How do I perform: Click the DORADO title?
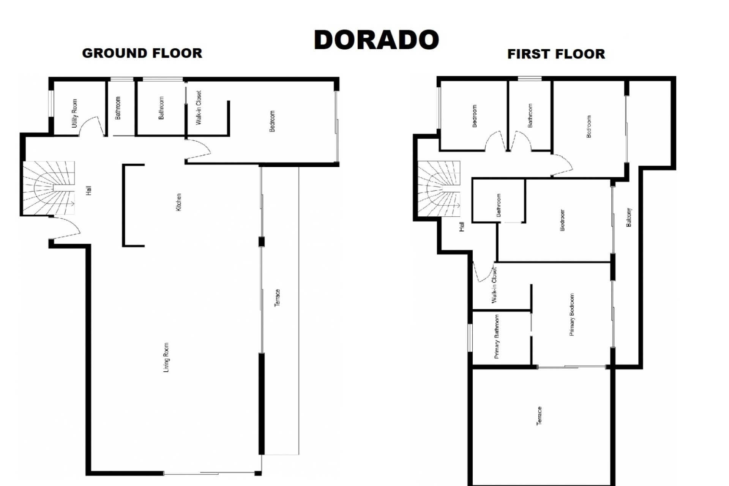point(376,39)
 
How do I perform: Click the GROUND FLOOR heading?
point(142,53)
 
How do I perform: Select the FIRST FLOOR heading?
point(556,54)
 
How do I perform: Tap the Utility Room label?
point(74,113)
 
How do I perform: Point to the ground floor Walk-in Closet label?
point(198,108)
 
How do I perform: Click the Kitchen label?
point(178,202)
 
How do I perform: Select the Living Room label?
point(166,357)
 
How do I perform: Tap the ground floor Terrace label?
point(277,298)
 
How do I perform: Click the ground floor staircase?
point(49,188)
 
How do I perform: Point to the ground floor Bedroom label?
point(272,121)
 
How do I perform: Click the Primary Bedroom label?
point(572,314)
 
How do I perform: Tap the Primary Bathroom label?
point(497,336)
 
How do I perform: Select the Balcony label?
point(629,217)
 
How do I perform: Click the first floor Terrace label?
point(539,416)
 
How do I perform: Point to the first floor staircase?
point(439,189)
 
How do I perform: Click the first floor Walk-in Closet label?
point(494,285)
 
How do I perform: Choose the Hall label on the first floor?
point(462,227)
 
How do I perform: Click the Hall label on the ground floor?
point(88,191)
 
